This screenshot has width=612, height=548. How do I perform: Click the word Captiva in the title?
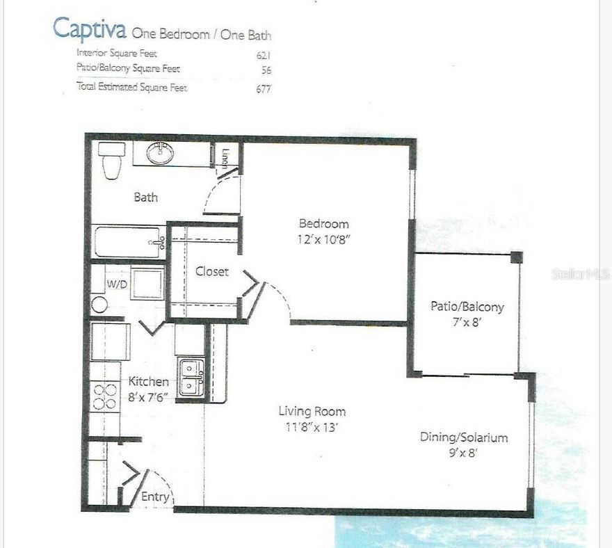click(89, 29)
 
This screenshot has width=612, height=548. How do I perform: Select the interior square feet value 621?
click(263, 54)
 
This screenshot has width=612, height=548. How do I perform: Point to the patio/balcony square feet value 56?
click(265, 70)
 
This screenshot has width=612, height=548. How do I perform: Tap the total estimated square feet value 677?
click(263, 88)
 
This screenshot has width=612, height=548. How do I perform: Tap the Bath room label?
click(145, 198)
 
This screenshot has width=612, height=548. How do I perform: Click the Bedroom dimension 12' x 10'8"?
click(323, 238)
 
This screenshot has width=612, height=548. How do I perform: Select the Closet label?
click(211, 271)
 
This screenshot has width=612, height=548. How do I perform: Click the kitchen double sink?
click(191, 378)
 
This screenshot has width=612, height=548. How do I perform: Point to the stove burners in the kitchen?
click(104, 396)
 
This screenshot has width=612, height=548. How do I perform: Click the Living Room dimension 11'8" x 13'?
click(312, 427)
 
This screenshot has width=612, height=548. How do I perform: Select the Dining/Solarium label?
click(463, 437)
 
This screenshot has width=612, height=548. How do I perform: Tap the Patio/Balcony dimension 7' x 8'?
click(467, 321)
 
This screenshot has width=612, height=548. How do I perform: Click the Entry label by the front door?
click(154, 497)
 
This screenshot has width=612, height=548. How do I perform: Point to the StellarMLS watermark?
click(581, 274)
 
